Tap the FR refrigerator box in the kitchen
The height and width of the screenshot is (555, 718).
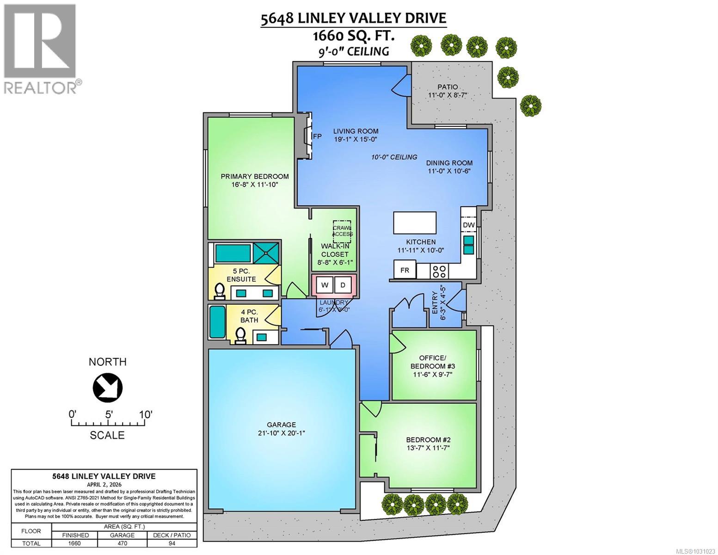pos(405,270)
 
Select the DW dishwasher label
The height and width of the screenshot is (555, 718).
pos(469,225)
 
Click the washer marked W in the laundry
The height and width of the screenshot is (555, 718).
pos(325,285)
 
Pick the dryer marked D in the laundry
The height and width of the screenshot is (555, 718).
pos(343,285)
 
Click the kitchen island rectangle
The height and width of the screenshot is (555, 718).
pos(414,223)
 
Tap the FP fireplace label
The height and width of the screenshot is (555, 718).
pos(317,136)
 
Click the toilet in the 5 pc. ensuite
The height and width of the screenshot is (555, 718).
pos(219,290)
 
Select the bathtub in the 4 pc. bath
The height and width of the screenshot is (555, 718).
pos(216,322)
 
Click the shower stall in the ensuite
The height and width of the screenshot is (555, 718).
pos(266,253)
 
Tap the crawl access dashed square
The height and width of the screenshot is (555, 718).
pos(343,231)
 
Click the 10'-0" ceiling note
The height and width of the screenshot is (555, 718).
pos(394,157)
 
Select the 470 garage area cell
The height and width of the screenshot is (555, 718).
pos(122,543)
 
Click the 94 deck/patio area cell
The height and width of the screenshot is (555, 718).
pos(168,543)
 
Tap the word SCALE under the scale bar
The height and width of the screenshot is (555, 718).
pos(107,435)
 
